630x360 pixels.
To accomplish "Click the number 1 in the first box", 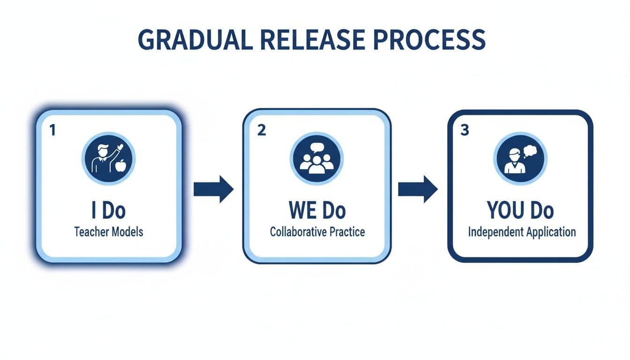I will (53, 131).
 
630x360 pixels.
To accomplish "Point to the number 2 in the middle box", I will (262, 131).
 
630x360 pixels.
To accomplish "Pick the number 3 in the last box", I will (465, 131).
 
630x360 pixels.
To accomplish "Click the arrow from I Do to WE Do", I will (213, 189).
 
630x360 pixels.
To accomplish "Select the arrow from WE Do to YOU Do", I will (418, 189).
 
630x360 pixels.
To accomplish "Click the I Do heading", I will (108, 211).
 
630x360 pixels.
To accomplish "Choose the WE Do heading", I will (317, 211).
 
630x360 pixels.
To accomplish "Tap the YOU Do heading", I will (520, 211).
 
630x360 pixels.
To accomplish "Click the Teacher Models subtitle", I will (108, 232).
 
